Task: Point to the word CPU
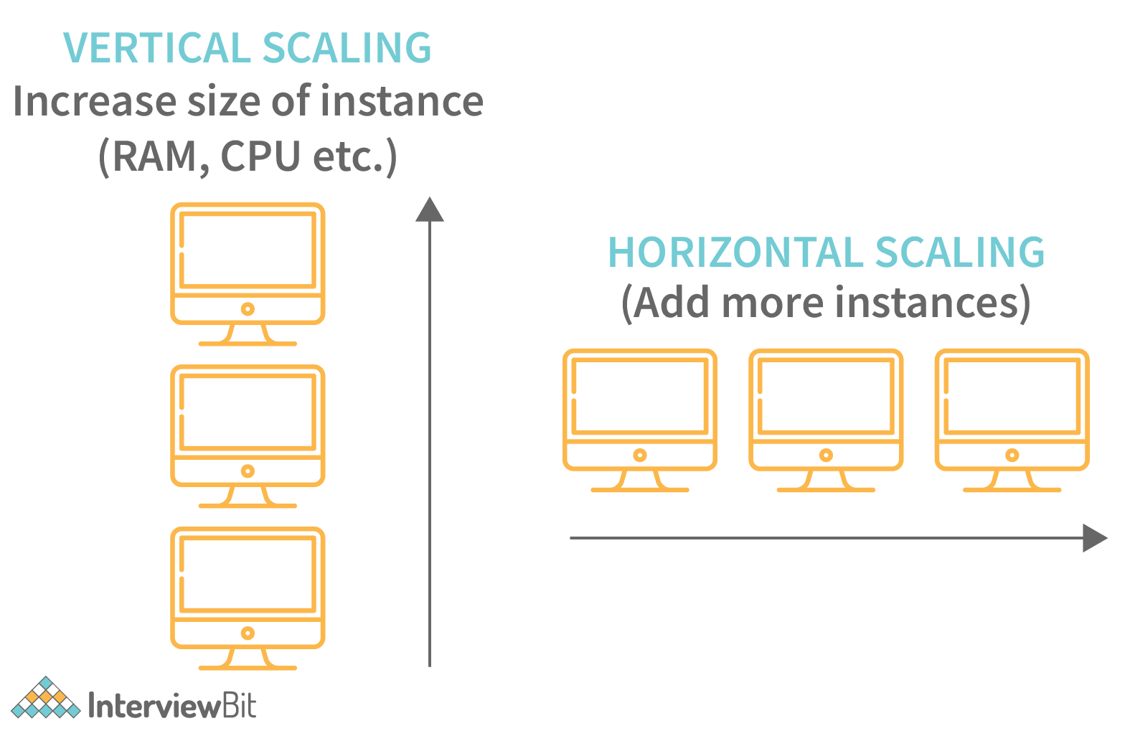tap(260, 156)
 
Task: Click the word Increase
tap(94, 101)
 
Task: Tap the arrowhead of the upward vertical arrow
tap(430, 209)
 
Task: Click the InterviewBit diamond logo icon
tap(46, 698)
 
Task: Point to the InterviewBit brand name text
tap(172, 706)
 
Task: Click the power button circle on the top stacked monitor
tap(248, 309)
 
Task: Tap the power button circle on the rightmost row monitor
tap(1012, 455)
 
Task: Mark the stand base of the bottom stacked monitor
tap(248, 667)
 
